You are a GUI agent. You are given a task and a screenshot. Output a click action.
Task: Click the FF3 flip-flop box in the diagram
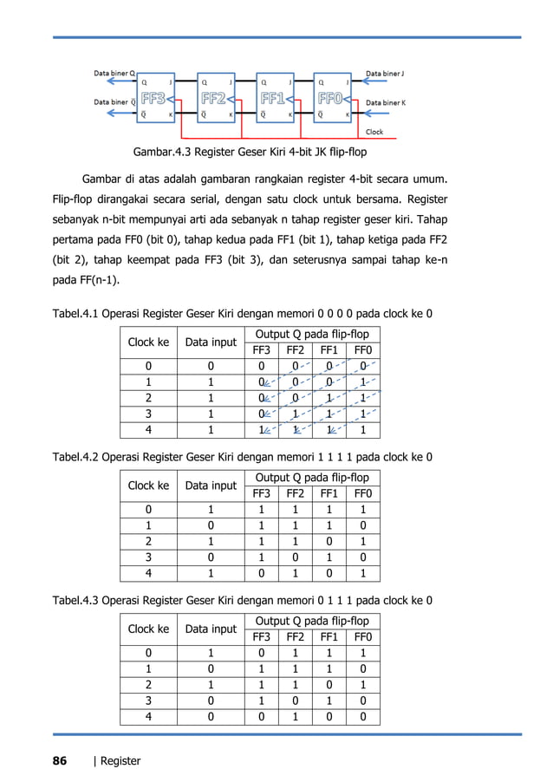[x=158, y=98]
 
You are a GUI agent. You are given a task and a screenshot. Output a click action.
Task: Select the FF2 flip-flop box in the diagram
[x=217, y=98]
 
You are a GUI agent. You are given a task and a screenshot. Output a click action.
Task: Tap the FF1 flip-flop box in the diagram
[x=276, y=98]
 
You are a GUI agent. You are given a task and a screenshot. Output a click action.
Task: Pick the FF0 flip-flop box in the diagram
[x=334, y=98]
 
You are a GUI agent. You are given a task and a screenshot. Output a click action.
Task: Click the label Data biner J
[x=391, y=74]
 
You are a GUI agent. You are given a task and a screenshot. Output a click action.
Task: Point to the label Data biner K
[x=391, y=102]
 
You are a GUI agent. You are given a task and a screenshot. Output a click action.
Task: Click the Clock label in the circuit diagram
[x=374, y=132]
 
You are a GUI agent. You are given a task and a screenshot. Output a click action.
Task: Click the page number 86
[x=59, y=760]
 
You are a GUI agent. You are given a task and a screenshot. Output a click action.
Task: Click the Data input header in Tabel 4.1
[x=210, y=342]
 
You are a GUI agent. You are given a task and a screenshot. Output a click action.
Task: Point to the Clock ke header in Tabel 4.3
[x=148, y=629]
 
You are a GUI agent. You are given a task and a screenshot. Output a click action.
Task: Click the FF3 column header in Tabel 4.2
[x=261, y=492]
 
